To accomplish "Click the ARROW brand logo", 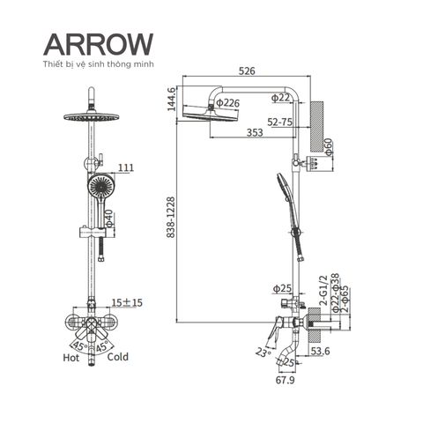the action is [99, 44].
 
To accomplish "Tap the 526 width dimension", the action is [247, 70].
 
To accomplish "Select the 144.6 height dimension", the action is [172, 99].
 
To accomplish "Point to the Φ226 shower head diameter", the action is [228, 103].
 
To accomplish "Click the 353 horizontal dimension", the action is [255, 132].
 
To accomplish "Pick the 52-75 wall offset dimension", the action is [280, 122].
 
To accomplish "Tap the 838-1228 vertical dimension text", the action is [171, 217].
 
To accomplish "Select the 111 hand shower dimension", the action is [126, 167].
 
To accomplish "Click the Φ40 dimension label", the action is [109, 219].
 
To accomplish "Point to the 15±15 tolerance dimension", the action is [127, 302].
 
